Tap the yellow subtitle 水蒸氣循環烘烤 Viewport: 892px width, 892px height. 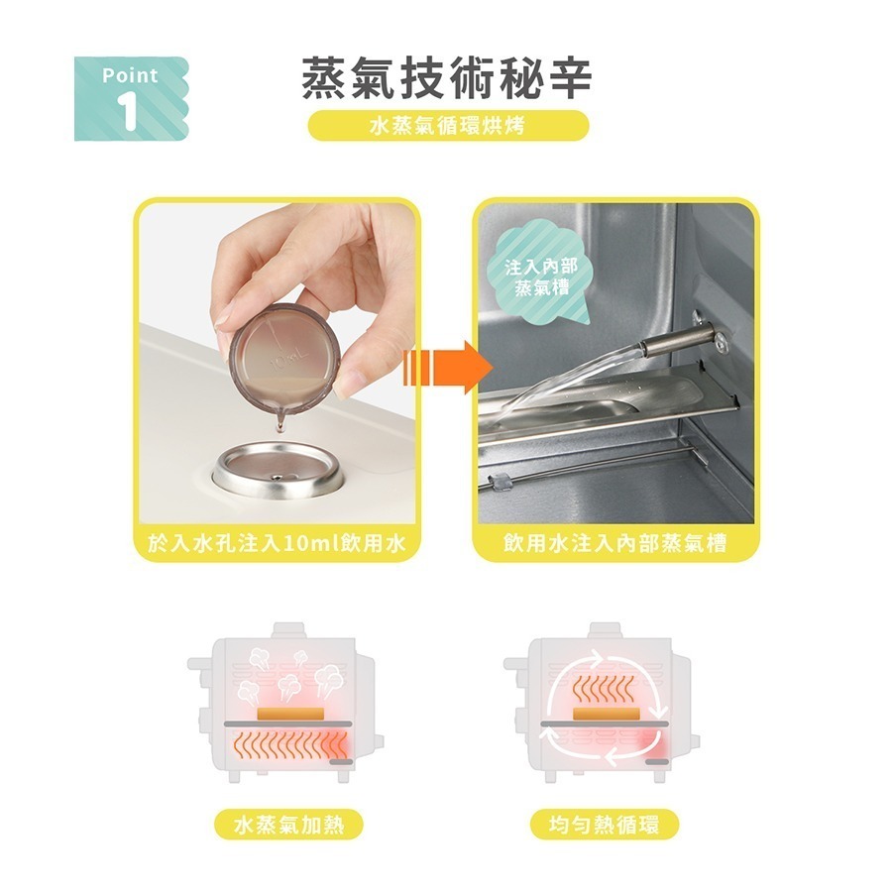click(x=447, y=127)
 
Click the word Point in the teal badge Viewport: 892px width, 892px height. click(x=130, y=75)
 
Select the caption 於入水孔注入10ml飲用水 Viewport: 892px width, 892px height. click(x=277, y=544)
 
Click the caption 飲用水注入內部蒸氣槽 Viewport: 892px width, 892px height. click(x=614, y=544)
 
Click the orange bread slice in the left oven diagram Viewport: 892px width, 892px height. click(x=288, y=714)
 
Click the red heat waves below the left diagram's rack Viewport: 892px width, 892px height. click(x=287, y=748)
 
